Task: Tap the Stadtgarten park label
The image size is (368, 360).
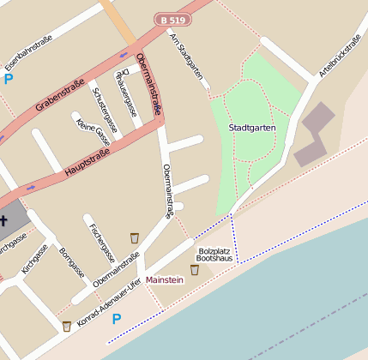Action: [x=252, y=128]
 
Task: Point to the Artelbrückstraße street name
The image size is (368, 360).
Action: [x=341, y=57]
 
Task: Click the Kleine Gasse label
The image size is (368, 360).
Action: [x=94, y=131]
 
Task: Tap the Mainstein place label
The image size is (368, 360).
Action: [x=165, y=279]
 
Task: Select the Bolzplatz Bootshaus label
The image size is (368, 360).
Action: [x=214, y=253]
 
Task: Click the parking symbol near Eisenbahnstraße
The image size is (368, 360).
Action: [x=9, y=79]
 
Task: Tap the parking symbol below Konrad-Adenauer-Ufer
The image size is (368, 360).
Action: [x=117, y=319]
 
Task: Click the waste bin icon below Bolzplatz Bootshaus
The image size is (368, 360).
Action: [x=195, y=270]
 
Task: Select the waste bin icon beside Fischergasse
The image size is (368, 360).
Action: [x=134, y=237]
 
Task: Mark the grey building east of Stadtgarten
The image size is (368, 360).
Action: [x=312, y=136]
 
